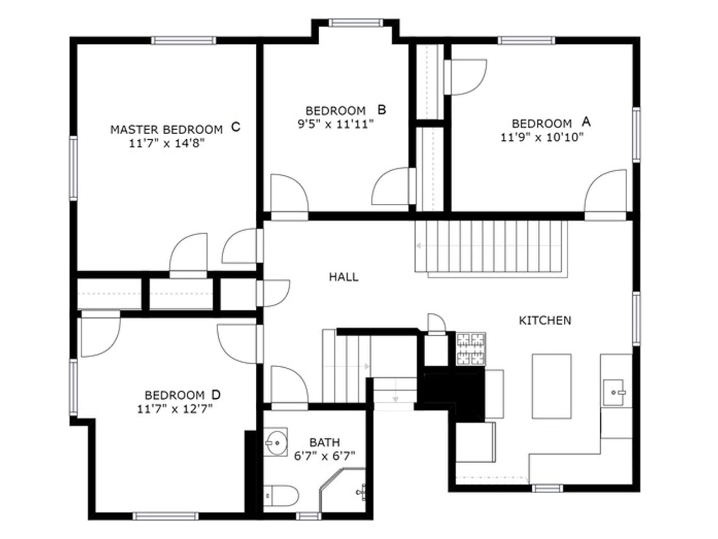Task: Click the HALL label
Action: (x=343, y=277)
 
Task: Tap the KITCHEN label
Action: (x=545, y=321)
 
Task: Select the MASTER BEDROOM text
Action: (x=166, y=130)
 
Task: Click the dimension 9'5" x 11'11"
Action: (x=335, y=124)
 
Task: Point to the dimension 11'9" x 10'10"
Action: (x=542, y=136)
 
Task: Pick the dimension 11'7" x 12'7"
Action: (x=175, y=409)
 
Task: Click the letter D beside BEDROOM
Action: (x=216, y=394)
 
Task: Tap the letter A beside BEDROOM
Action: (x=586, y=121)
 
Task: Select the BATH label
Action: (x=324, y=442)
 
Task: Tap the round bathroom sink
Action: (x=276, y=442)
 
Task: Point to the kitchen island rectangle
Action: (x=551, y=386)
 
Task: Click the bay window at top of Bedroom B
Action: (x=356, y=23)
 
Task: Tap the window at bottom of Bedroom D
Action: (x=158, y=516)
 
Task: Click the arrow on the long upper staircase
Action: (x=420, y=245)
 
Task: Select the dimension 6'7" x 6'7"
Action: (x=325, y=456)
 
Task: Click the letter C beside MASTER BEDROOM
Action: (x=236, y=127)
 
